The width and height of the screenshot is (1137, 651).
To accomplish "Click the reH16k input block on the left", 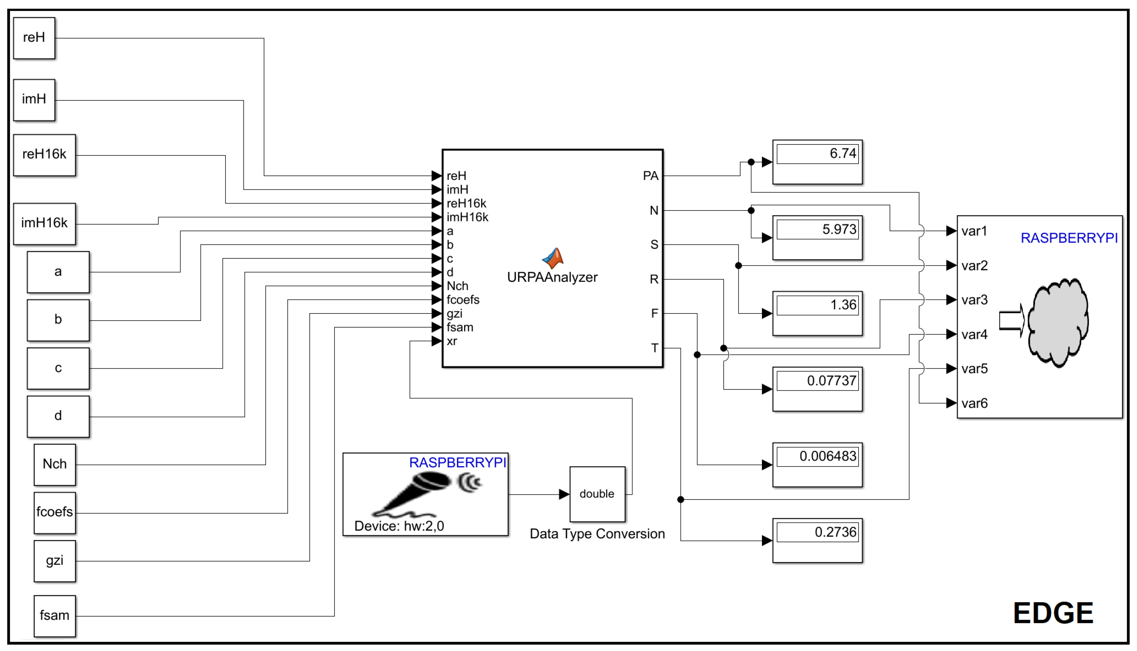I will click(44, 155).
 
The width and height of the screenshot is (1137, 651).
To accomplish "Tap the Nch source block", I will click(55, 464).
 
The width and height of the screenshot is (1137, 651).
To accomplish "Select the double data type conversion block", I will click(597, 494).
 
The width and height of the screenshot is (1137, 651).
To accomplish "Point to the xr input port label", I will click(452, 342).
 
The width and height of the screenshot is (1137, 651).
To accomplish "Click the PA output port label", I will click(650, 176).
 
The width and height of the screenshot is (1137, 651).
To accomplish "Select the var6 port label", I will click(974, 403).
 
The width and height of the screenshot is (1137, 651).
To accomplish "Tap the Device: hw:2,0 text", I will click(399, 526).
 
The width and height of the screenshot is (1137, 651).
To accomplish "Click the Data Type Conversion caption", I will click(597, 534).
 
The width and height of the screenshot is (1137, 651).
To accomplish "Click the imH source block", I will click(34, 99).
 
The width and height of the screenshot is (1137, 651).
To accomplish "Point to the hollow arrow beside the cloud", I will click(1011, 320).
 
